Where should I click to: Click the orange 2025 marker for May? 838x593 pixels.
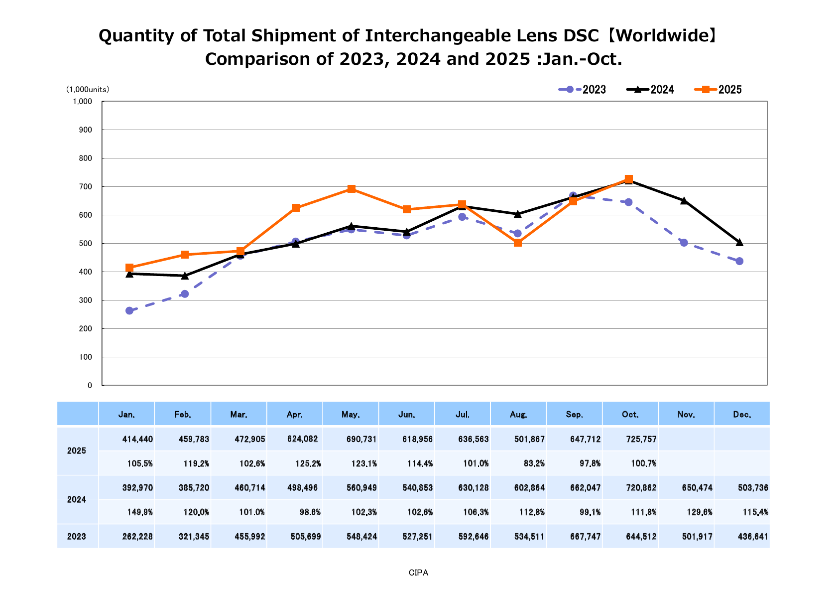pyautogui.click(x=352, y=189)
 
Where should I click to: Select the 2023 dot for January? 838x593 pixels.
pyautogui.click(x=129, y=310)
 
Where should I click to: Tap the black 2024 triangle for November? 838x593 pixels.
pyautogui.click(x=684, y=201)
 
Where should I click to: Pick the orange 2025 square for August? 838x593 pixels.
pyautogui.click(x=518, y=243)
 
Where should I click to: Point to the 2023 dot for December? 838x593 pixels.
pyautogui.click(x=739, y=261)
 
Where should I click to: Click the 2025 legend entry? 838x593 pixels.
pyautogui.click(x=718, y=90)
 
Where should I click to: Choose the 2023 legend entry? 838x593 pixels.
pyautogui.click(x=582, y=90)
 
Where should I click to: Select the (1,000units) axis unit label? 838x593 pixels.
pyautogui.click(x=88, y=90)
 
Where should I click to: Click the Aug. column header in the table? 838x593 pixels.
pyautogui.click(x=518, y=414)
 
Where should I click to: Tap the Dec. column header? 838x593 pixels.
pyautogui.click(x=742, y=414)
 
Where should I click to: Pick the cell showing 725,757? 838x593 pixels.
pyautogui.click(x=641, y=440)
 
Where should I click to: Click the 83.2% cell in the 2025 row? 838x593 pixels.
pyautogui.click(x=533, y=463)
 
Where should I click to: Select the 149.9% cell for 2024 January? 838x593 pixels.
pyautogui.click(x=140, y=512)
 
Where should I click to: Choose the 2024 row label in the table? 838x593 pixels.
pyautogui.click(x=77, y=500)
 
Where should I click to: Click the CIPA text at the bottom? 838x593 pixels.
pyautogui.click(x=418, y=573)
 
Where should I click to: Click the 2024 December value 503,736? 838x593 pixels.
pyautogui.click(x=753, y=488)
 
